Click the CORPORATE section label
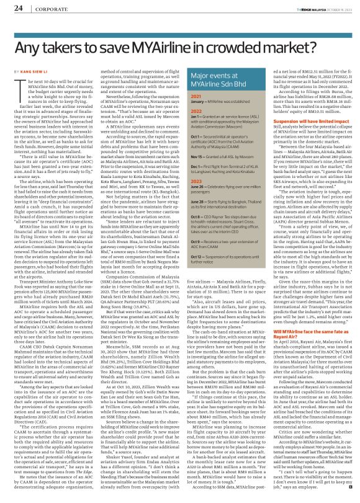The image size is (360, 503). click(x=47, y=8)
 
